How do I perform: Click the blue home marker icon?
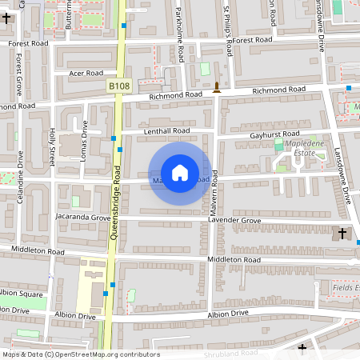pos(180,173)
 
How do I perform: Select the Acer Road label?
pos(86,73)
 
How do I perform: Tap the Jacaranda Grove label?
pos(82,217)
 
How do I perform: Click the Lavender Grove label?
pos(234,220)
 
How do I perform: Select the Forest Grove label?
pos(18,72)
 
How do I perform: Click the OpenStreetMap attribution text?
pos(80,354)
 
